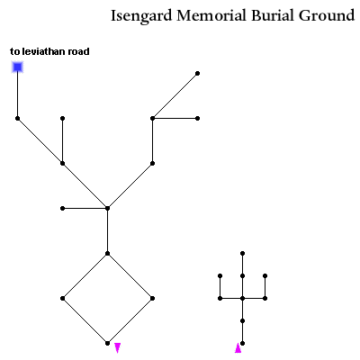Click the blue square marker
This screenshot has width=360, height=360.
[17, 67]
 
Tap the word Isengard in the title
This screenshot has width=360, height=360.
[141, 16]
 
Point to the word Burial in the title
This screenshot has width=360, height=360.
[273, 15]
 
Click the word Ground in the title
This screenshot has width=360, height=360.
[327, 15]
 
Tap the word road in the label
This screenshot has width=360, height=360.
[78, 51]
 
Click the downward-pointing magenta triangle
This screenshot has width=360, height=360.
[118, 347]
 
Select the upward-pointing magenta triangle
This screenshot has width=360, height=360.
[238, 347]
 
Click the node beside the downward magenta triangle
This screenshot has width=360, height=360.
[107, 343]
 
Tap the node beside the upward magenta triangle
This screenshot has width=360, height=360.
[242, 343]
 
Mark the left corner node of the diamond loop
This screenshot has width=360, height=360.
[62, 298]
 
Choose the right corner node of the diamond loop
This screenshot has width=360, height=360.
[152, 298]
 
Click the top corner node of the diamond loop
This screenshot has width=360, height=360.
[107, 254]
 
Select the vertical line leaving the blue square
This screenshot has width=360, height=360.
[17, 95]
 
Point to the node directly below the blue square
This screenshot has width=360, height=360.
[17, 118]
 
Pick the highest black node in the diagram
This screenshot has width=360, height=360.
[197, 73]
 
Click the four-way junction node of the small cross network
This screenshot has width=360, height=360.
[242, 298]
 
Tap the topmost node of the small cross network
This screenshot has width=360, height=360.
[242, 254]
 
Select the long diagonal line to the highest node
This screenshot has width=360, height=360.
[175, 95]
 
